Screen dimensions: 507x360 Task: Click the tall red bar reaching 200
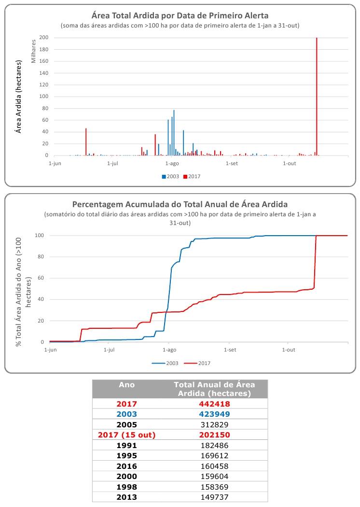coord(317,97)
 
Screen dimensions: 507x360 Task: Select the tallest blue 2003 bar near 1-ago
coord(174,133)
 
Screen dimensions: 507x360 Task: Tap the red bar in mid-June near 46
coord(86,142)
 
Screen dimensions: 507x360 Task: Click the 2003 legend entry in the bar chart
coord(170,176)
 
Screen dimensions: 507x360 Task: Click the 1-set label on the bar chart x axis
coord(232,164)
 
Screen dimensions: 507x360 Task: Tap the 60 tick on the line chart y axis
coord(41,278)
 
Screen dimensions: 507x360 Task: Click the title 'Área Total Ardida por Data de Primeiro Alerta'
coord(180,15)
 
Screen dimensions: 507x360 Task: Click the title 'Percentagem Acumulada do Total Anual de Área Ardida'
coord(180,204)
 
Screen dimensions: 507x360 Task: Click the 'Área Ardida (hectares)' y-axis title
coord(19,97)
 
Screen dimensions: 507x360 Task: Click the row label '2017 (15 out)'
coord(127,435)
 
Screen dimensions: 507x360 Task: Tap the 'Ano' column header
coord(127,385)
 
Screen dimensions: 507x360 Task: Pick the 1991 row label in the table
coord(127,445)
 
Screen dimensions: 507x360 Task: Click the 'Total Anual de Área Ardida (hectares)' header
coord(214,389)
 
